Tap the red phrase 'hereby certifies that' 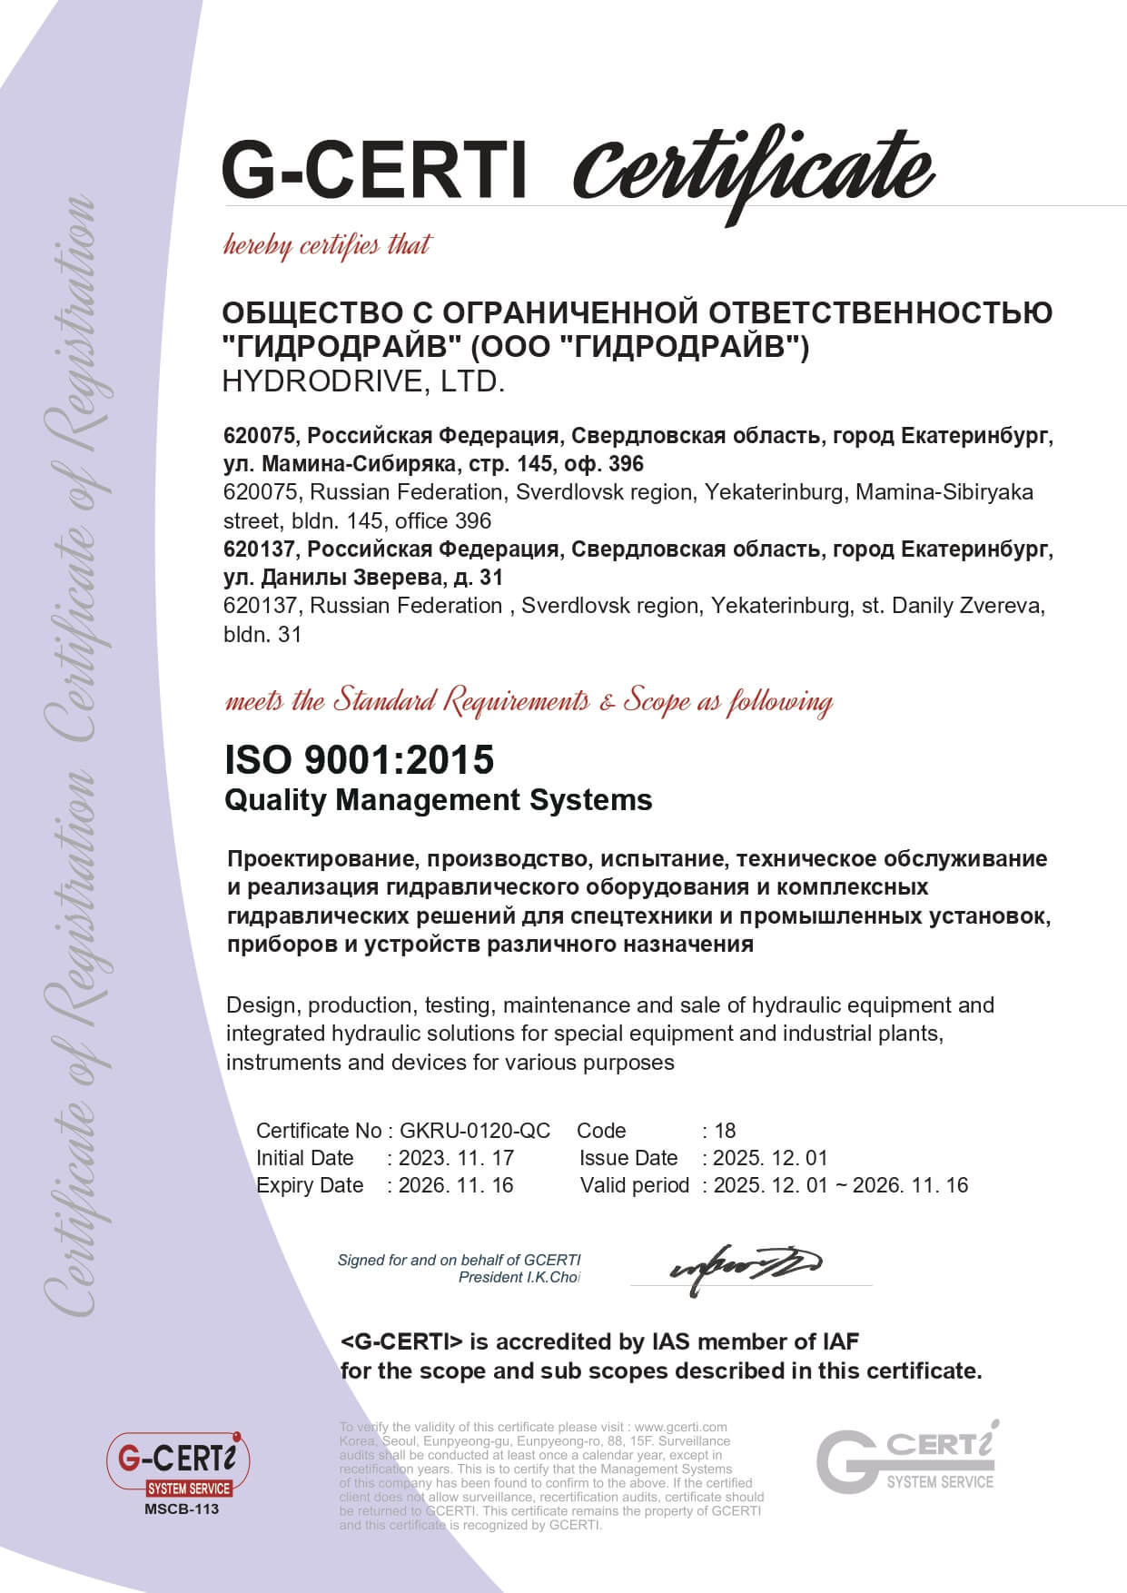pos(327,245)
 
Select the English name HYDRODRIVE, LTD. pos(363,381)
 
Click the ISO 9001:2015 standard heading pos(360,759)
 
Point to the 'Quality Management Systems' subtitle pos(438,800)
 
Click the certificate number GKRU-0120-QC pos(475,1131)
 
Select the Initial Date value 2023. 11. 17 pos(456,1158)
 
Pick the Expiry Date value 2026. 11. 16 pos(456,1185)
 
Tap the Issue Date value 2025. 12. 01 pos(770,1158)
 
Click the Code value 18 pos(725,1131)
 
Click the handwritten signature pos(745,1262)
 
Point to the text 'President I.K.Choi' pos(519,1277)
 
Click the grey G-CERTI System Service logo pos(906,1458)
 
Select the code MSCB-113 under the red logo pos(182,1509)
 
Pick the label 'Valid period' pos(635,1185)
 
